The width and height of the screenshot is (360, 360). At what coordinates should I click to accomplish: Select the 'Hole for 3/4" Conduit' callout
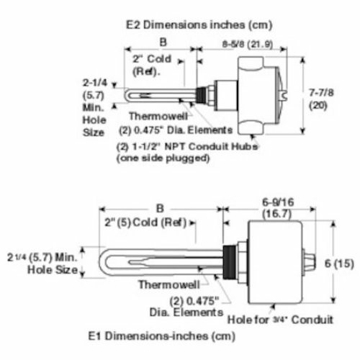[281, 318]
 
